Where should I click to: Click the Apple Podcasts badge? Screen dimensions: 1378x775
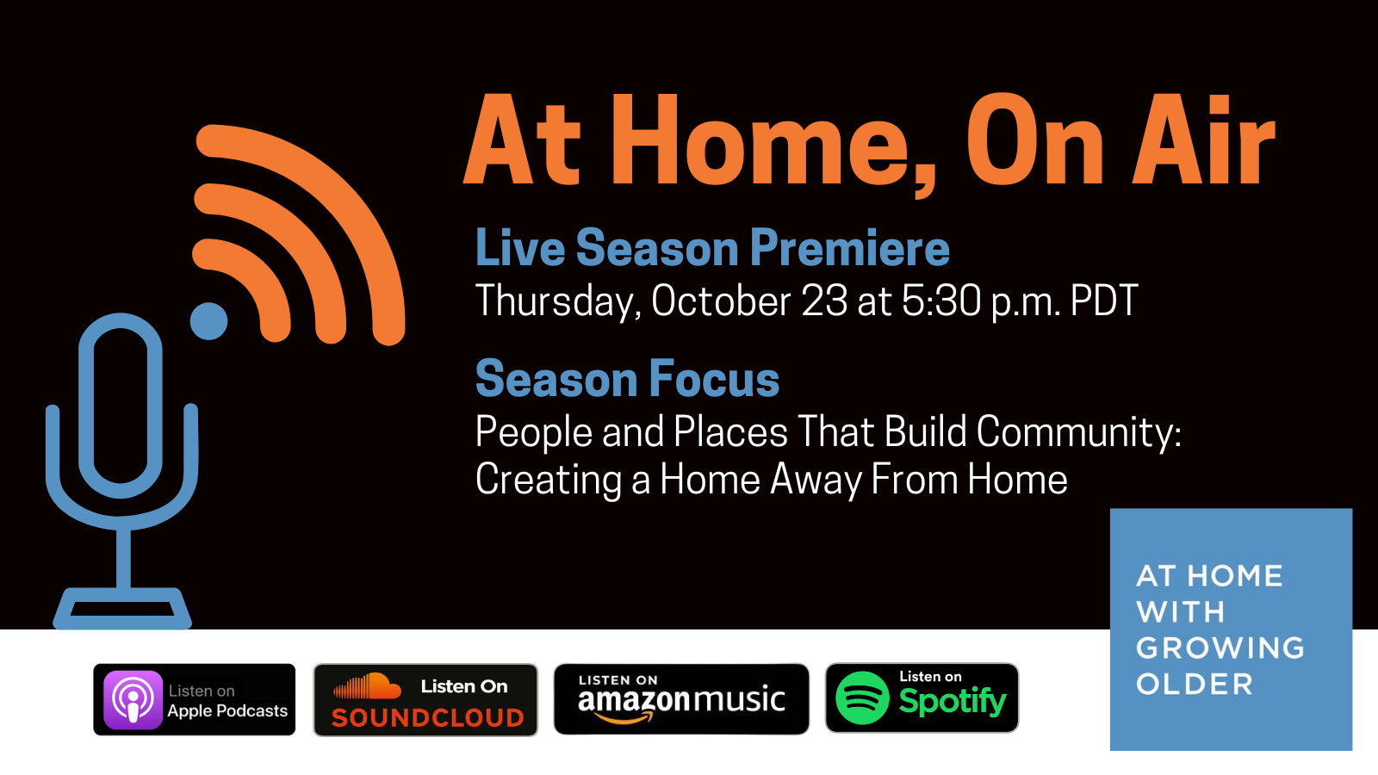(195, 699)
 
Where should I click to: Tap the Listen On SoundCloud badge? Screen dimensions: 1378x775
(425, 699)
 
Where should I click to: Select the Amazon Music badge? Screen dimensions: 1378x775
(681, 698)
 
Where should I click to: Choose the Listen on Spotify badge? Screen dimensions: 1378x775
(922, 697)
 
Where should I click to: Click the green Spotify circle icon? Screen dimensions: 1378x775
(862, 698)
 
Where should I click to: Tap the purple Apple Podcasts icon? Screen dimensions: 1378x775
(133, 700)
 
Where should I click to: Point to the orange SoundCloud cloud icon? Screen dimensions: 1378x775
(368, 685)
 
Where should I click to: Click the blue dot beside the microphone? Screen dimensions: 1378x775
(208, 321)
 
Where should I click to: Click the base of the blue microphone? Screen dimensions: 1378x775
(122, 608)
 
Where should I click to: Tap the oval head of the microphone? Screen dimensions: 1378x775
(121, 406)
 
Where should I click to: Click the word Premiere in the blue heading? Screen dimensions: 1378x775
(849, 248)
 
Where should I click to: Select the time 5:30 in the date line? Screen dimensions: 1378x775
(941, 301)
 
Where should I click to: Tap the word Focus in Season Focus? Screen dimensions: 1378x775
(714, 379)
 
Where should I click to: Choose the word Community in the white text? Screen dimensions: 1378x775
(1078, 431)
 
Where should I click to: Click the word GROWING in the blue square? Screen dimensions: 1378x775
(1220, 648)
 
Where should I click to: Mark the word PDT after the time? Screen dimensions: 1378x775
(1104, 301)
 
